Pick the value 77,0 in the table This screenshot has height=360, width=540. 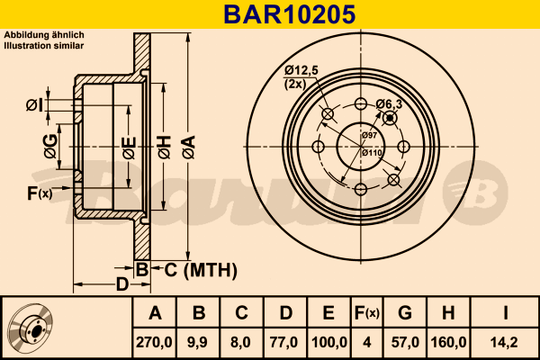pyautogui.click(x=284, y=343)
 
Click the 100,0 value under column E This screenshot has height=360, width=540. pyautogui.click(x=328, y=343)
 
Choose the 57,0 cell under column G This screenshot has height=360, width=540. pyautogui.click(x=405, y=343)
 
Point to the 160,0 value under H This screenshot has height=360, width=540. pyautogui.click(x=449, y=343)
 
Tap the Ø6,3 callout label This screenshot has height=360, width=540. pyautogui.click(x=389, y=103)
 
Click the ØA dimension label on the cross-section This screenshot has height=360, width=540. pyautogui.click(x=188, y=147)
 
